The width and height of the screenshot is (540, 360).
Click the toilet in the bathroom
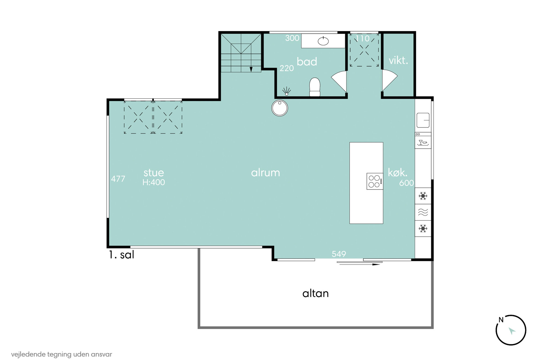[315, 87]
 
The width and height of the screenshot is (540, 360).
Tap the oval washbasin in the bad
[323, 41]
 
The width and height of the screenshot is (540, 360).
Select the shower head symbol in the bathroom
[286, 91]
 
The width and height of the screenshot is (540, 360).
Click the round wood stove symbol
[280, 108]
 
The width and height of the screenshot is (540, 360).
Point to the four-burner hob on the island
[375, 181]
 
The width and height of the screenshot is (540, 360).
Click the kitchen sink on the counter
[423, 120]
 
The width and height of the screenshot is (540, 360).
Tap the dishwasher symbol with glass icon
[423, 142]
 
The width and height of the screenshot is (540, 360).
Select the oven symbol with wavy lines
[423, 212]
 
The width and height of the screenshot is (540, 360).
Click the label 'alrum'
[265, 173]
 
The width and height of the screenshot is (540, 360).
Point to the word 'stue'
[154, 173]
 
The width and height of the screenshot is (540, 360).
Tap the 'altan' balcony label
[315, 293]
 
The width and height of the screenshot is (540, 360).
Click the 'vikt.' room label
[398, 60]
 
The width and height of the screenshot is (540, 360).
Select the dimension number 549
[339, 254]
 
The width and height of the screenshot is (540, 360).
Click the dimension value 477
[118, 179]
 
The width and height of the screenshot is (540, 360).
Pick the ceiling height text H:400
[154, 182]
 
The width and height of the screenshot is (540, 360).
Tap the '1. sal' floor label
[122, 255]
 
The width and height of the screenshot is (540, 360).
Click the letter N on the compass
[501, 320]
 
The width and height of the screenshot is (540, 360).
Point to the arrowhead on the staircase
[251, 70]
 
